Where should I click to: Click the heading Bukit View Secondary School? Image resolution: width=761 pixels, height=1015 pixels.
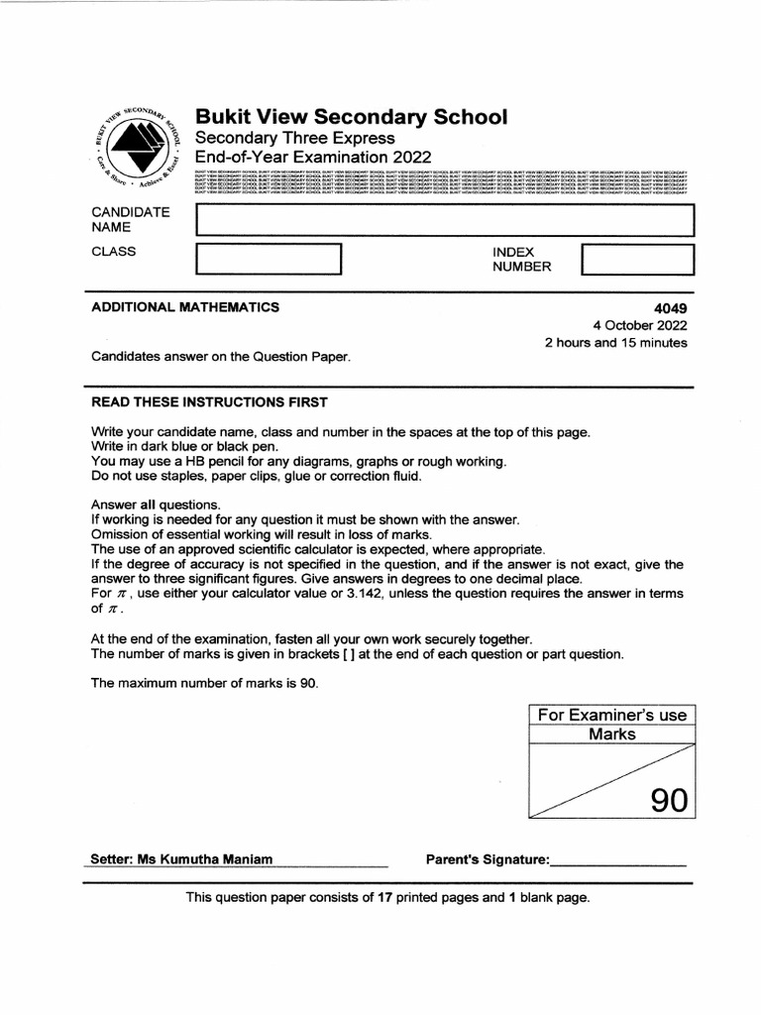coord(351,117)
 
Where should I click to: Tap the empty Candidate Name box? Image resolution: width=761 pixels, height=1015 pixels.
coord(445,220)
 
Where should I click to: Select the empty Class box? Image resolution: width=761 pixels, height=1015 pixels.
coord(269,259)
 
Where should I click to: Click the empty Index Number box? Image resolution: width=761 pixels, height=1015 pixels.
coord(637,259)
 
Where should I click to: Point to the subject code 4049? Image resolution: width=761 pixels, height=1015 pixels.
coord(671,307)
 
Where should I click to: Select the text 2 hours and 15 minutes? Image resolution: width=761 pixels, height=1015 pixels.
coord(615,343)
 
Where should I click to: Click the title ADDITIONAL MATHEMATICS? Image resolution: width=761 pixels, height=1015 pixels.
coord(185,307)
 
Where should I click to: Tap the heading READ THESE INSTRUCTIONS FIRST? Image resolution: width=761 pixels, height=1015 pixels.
coord(209,401)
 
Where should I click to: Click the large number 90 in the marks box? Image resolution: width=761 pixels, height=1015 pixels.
coord(668,799)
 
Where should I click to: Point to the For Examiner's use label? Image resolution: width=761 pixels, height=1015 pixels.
coord(611,716)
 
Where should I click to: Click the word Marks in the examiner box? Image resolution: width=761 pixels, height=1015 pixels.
coord(611,734)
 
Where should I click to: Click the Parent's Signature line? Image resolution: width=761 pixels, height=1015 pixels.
coord(617,862)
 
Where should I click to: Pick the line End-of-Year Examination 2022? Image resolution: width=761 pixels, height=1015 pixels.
coord(312,158)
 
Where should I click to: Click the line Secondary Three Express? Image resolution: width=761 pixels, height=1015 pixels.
coord(294,138)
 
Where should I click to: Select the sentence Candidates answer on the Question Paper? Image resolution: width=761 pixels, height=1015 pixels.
coord(221,356)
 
